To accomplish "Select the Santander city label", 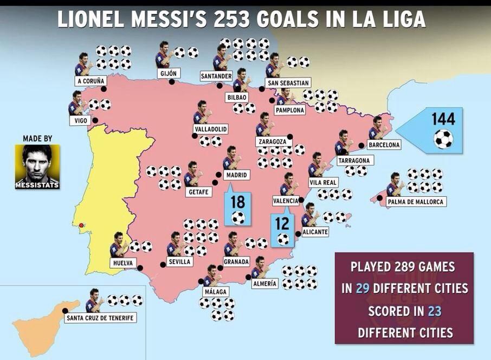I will pos(216,75).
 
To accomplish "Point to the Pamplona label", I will pos(290,110).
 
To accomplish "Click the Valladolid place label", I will pos(210,129).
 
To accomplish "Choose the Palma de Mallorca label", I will pos(416,202).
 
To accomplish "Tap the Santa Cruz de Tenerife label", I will pos(100,318).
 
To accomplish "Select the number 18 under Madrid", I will pos(237,202).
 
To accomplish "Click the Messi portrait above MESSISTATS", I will pos(37,163).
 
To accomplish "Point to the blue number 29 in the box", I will pos(362,288).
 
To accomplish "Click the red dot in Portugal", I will pos(81,225).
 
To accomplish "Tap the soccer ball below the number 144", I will pos(443,139).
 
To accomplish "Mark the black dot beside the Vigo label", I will pos(95,120).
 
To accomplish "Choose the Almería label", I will pos(265,283).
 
